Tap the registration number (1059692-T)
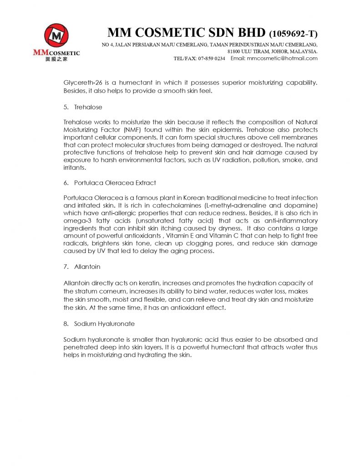click(x=294, y=34)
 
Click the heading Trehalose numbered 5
click(x=88, y=107)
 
